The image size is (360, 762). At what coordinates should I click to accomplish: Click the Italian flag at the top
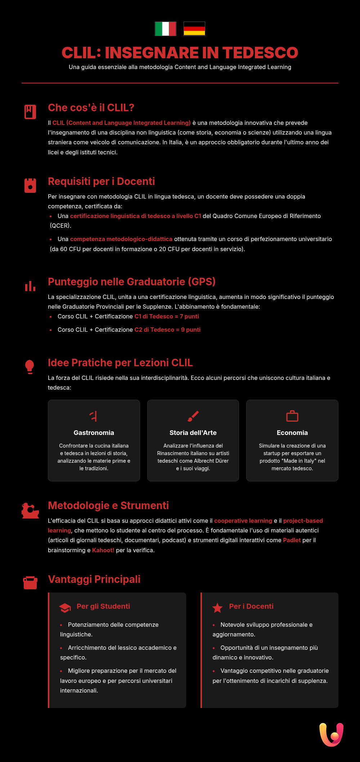click(166, 29)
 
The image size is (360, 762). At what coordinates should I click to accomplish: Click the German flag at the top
click(194, 29)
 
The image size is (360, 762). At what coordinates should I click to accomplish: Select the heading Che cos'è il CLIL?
click(91, 108)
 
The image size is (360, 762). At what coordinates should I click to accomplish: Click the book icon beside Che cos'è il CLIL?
click(30, 112)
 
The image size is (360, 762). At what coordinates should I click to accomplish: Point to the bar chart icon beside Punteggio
click(30, 286)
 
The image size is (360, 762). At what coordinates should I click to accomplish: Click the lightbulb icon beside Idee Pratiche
click(30, 367)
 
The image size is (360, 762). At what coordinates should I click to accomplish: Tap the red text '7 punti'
click(192, 316)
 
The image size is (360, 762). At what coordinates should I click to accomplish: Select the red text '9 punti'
click(193, 330)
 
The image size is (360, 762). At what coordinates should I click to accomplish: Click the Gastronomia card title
click(94, 433)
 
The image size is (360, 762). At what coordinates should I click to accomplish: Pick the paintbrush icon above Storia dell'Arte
click(193, 416)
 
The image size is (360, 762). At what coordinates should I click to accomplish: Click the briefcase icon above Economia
click(292, 416)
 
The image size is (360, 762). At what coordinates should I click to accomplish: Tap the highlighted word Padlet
click(292, 540)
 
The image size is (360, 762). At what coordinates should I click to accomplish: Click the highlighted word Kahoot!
click(103, 550)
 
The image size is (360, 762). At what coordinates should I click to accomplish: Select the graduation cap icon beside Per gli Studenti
click(65, 608)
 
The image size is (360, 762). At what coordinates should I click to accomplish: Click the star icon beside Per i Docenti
click(217, 608)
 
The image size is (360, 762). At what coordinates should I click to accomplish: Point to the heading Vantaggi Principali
click(94, 579)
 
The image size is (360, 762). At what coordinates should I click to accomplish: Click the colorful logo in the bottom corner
click(331, 734)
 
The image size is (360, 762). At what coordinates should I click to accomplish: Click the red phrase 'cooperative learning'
click(243, 521)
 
